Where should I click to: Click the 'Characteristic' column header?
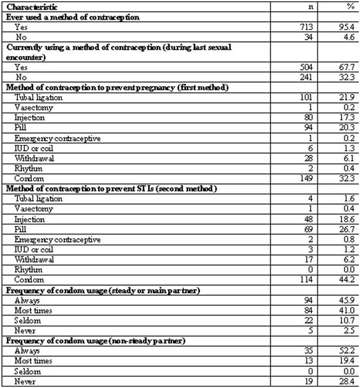click(x=30, y=6)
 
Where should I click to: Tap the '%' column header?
click(x=350, y=6)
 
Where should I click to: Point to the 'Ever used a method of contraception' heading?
click(x=73, y=17)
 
